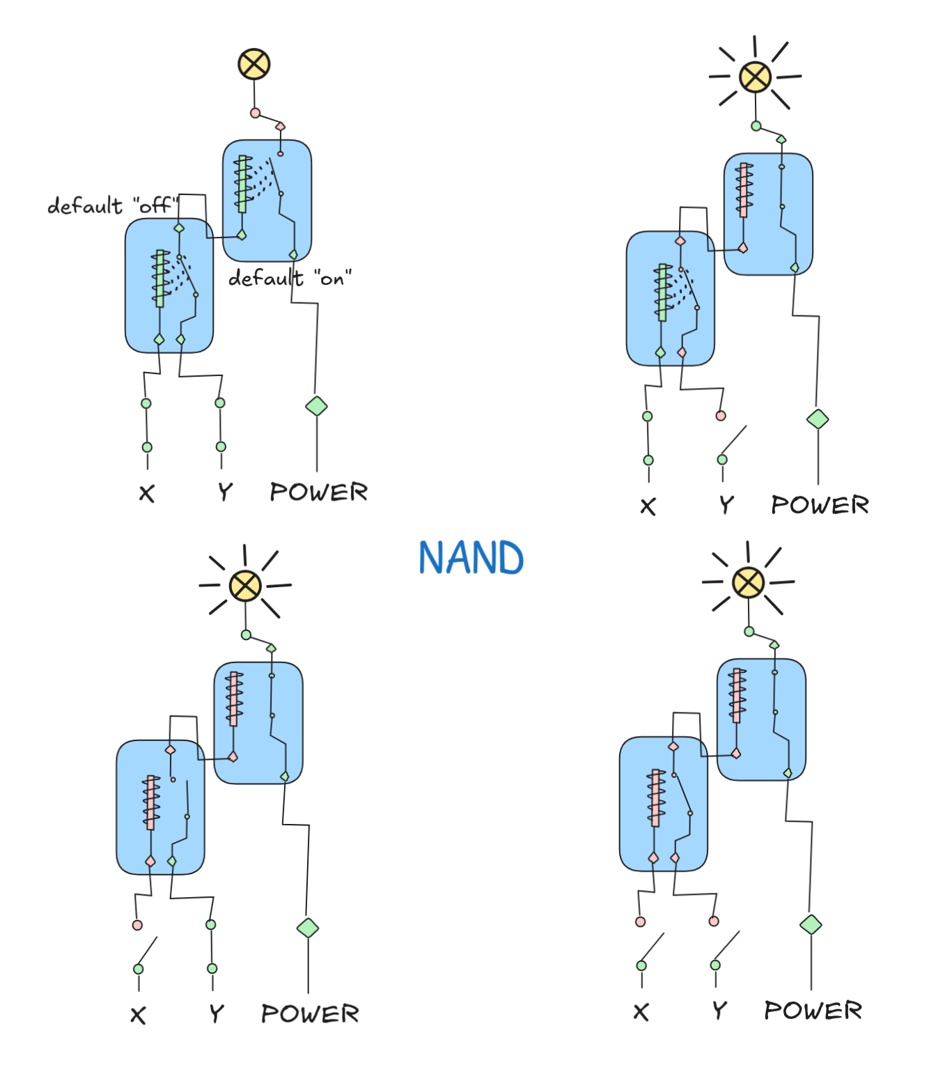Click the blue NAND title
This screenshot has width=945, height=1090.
pos(471,558)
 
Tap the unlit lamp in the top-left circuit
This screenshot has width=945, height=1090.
pos(253,64)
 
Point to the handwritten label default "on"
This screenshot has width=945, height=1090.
pos(290,279)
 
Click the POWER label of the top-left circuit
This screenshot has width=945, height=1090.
pos(318,492)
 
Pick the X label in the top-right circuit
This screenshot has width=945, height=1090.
pos(648,506)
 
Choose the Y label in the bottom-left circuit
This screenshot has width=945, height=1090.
pos(217,1013)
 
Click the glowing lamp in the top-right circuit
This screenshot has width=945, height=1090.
pos(755,77)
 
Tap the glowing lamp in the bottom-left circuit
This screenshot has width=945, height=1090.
pos(245,585)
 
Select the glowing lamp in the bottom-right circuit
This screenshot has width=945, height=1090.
pos(749,582)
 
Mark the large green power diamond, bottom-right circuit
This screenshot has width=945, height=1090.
pos(811,924)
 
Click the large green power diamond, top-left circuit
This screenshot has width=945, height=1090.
pos(316,406)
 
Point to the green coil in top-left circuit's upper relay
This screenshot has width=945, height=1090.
pos(242,184)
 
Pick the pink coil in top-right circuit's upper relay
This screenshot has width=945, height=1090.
pos(744,190)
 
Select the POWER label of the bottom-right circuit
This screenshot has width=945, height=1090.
pos(813,1011)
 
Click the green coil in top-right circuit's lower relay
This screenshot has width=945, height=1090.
pos(662,293)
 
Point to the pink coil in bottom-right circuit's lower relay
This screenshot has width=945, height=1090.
pos(655,798)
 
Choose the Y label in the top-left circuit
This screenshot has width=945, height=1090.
pos(224,492)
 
